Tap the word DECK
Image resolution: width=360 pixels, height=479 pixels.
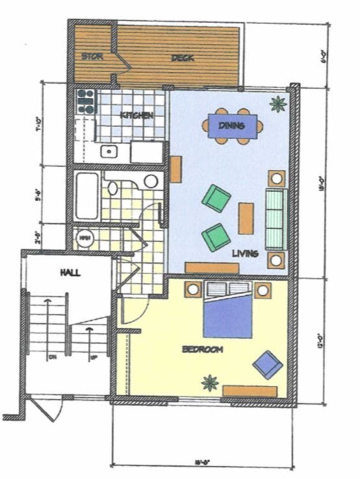point(183,58)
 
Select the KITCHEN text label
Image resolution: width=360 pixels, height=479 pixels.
point(136,115)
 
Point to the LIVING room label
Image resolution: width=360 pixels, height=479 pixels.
point(246,253)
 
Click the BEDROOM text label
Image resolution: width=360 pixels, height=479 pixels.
point(203,350)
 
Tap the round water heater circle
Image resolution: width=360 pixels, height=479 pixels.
point(84,238)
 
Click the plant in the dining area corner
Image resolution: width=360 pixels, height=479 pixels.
point(278,103)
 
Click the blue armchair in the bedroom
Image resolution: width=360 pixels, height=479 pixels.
point(267,365)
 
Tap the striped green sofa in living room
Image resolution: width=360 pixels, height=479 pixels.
point(275,218)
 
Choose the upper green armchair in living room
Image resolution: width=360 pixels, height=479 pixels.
point(216,198)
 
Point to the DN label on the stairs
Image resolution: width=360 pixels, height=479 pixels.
point(51,357)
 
